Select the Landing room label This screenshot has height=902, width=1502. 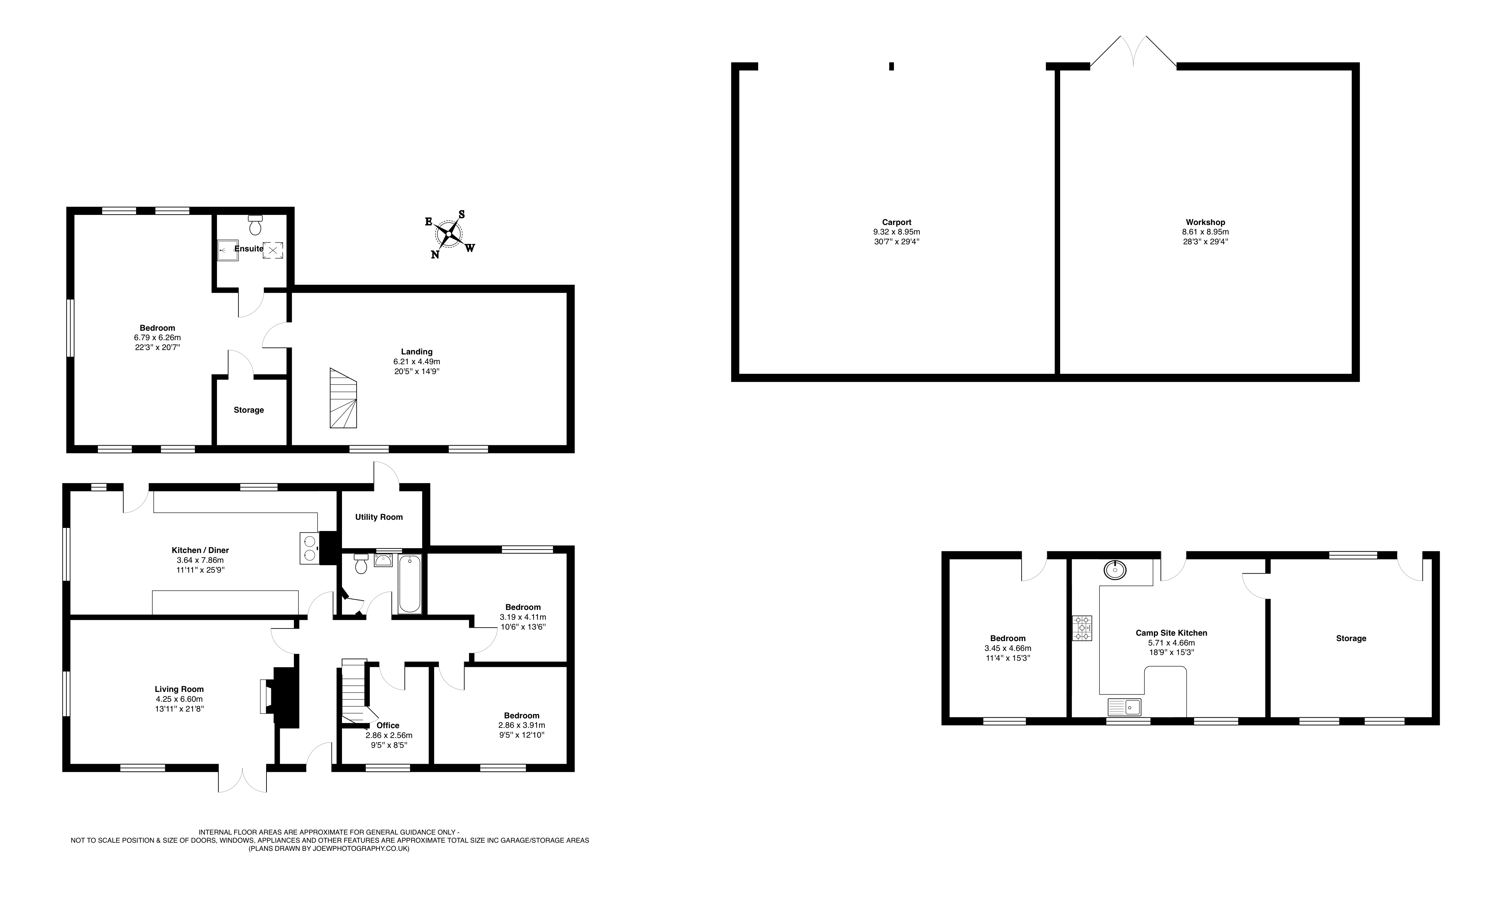point(417,351)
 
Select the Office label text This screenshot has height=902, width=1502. point(387,725)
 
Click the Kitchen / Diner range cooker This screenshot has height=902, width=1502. point(310,548)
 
